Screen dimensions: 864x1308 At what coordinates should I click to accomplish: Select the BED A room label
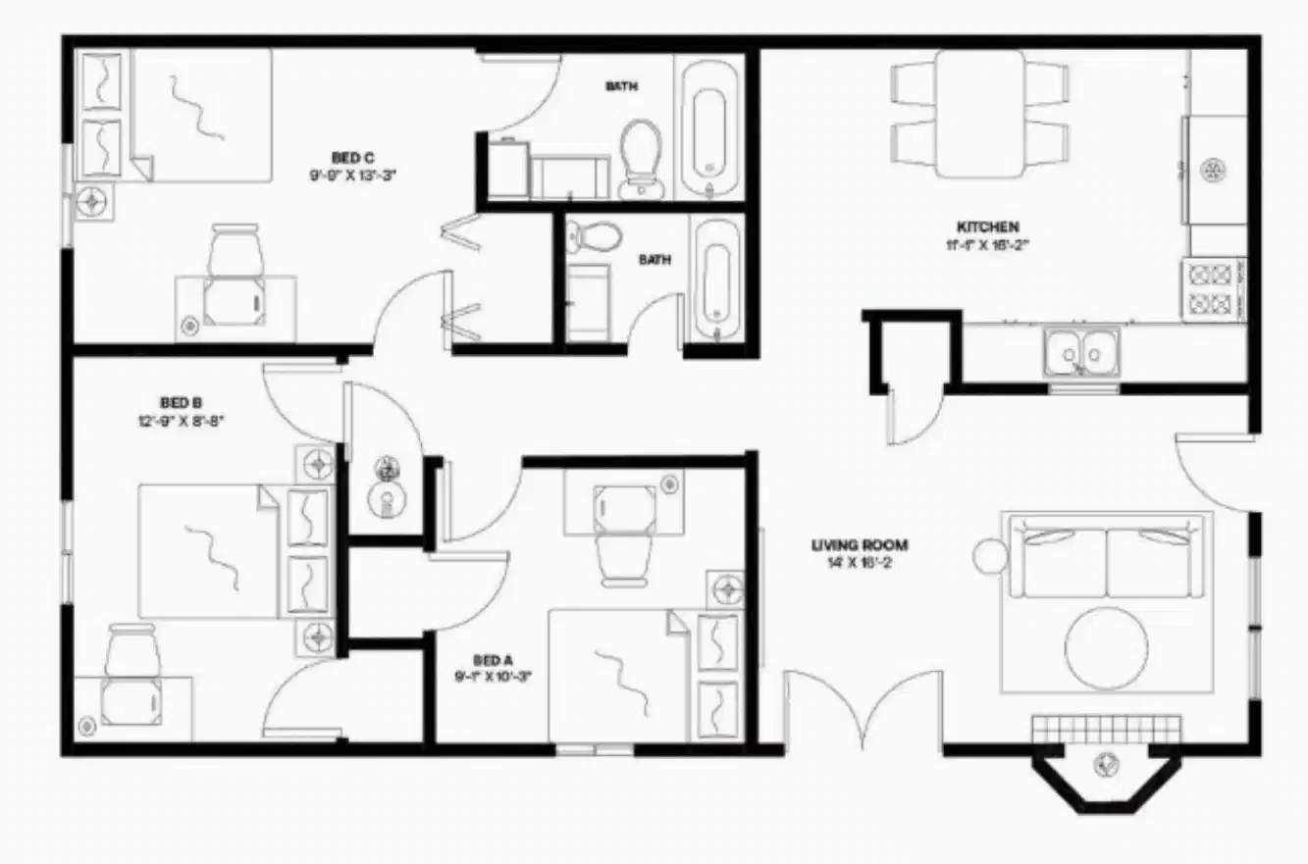tap(493, 660)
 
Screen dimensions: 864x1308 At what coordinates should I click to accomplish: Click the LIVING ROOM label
tap(860, 545)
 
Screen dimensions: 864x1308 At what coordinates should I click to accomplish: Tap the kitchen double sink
tap(1081, 350)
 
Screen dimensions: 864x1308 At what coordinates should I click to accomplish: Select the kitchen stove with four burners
tap(1216, 287)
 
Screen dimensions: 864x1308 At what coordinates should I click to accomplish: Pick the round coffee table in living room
tap(1107, 648)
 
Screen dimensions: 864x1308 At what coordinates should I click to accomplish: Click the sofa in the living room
tap(1107, 560)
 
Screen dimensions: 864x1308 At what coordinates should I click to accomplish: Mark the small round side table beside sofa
tap(990, 557)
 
